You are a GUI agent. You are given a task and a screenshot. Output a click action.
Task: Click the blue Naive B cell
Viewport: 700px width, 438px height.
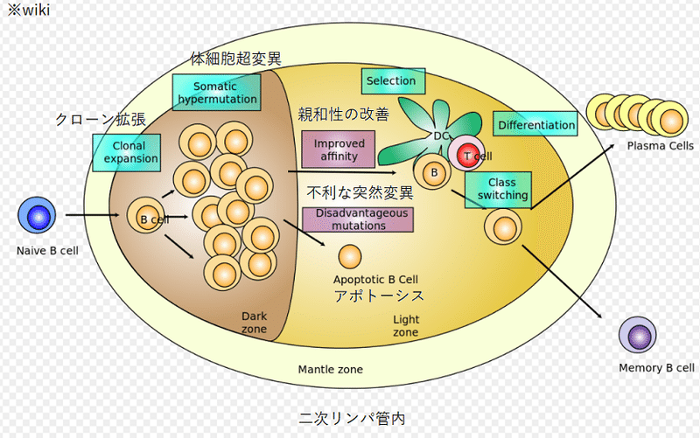tap(37, 216)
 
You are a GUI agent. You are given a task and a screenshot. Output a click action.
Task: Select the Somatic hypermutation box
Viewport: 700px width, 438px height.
tap(217, 93)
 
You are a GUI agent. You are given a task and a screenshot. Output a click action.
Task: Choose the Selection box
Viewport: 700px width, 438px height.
tap(391, 81)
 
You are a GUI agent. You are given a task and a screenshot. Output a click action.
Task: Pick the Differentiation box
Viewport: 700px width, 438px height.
tap(536, 125)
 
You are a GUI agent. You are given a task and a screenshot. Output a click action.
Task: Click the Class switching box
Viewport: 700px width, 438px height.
tap(496, 189)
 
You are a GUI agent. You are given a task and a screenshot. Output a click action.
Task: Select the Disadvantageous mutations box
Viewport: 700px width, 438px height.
tap(357, 219)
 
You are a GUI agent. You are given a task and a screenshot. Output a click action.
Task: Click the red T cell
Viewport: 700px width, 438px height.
tap(469, 155)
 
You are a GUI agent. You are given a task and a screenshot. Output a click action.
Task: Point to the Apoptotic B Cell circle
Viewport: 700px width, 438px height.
tap(349, 257)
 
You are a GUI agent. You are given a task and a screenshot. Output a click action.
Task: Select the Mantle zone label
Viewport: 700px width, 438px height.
tap(330, 370)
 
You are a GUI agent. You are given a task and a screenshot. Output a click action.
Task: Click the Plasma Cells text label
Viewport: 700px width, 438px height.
tap(661, 146)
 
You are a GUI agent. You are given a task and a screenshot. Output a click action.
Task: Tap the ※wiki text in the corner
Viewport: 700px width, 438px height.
tap(28, 10)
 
